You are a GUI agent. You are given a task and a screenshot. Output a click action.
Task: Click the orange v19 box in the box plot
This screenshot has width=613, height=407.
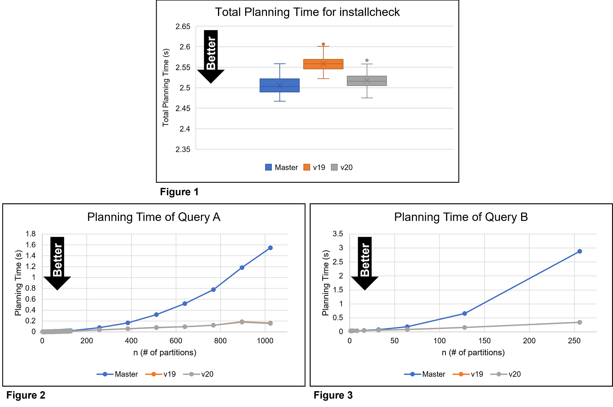323,64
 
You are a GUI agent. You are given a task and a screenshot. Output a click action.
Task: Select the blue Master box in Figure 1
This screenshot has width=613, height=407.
279,85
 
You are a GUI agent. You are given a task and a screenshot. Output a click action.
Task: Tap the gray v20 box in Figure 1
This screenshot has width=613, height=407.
367,81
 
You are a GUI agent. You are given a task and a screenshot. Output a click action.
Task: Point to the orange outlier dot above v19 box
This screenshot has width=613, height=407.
323,44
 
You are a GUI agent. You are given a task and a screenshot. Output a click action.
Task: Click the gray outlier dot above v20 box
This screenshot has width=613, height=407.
367,60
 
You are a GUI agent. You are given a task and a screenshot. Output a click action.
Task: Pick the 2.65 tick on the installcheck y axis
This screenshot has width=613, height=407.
183,26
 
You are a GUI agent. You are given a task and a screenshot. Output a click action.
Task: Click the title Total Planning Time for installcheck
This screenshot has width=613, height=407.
307,12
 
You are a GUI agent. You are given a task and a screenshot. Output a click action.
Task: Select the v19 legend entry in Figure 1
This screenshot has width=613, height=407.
315,167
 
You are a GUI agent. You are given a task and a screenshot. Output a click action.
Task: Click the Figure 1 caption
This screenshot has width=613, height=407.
179,192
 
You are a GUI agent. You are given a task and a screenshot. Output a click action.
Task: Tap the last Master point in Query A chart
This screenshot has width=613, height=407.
270,248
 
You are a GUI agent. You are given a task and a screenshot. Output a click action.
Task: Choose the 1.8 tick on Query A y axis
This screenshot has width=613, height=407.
30,234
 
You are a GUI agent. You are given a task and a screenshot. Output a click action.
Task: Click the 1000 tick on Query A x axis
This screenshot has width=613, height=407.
265,341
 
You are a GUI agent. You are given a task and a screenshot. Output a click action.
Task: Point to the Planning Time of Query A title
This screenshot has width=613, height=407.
154,217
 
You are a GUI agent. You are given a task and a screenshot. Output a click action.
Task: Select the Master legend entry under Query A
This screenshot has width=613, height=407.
117,374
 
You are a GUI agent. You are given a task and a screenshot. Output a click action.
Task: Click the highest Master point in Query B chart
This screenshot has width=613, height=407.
579,251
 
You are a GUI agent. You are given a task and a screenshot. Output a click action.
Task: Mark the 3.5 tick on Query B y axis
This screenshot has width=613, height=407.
338,234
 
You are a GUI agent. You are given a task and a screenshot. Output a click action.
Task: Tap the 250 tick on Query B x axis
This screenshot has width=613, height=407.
574,341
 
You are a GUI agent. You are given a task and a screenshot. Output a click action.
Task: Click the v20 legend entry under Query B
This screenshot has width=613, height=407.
506,374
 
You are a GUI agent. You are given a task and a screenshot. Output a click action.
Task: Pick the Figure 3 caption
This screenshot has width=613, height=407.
333,395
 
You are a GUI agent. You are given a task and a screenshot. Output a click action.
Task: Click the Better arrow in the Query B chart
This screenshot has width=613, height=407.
364,263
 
